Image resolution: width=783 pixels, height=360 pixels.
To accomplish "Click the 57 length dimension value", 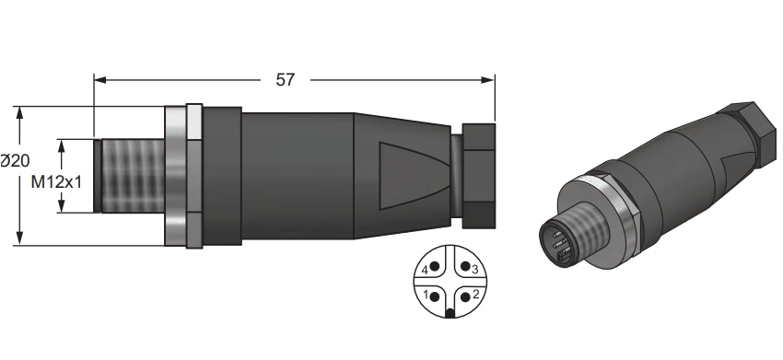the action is click(286, 80).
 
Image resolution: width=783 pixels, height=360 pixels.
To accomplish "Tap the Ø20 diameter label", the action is click(15, 161).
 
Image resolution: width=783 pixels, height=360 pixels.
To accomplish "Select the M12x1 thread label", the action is click(56, 182).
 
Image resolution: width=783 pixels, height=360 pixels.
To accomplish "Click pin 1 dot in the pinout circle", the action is click(435, 296).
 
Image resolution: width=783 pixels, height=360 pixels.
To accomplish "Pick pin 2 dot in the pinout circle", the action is click(465, 297).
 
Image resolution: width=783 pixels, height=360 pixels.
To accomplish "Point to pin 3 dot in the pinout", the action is click(465, 266).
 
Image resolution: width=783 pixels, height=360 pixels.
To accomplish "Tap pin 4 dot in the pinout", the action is click(435, 266).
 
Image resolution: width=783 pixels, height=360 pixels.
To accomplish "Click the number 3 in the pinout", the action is click(475, 270).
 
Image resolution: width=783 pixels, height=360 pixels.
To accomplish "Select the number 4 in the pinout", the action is click(425, 270).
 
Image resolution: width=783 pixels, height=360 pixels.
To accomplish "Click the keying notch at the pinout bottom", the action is click(450, 314).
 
